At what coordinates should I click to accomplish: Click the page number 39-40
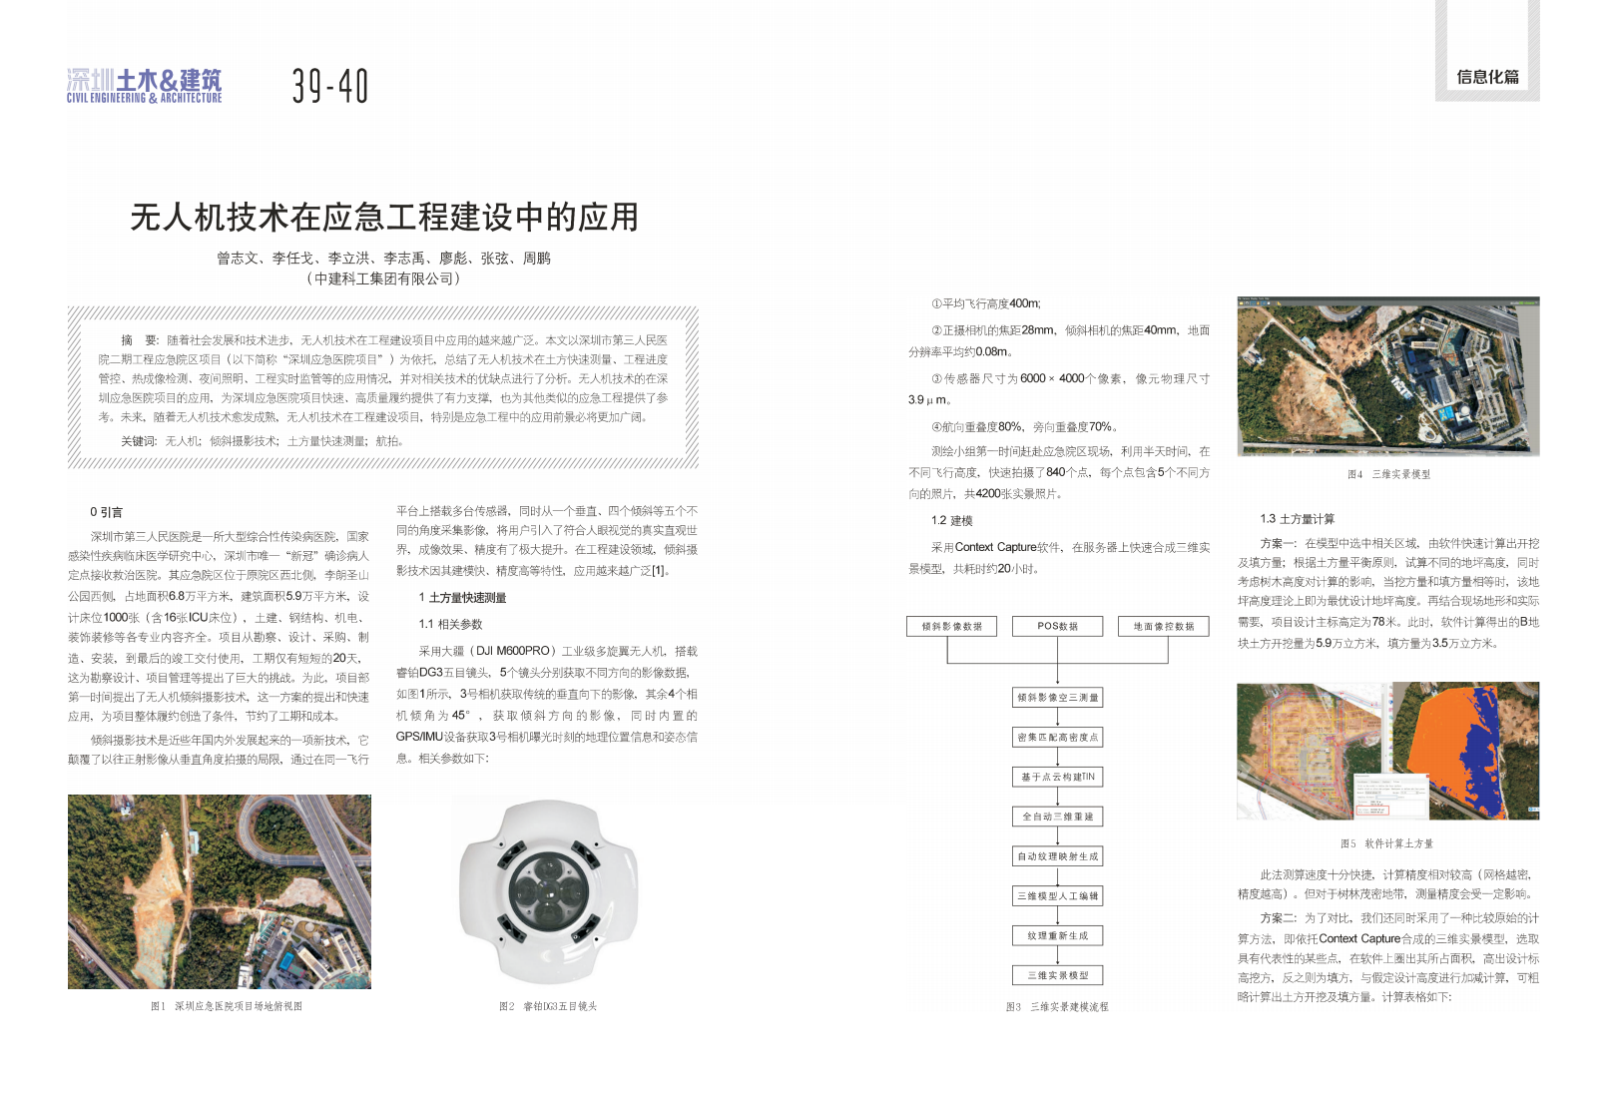click(330, 86)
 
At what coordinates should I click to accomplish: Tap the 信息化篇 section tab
click(1487, 77)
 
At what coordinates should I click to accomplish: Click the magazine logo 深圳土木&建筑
click(145, 86)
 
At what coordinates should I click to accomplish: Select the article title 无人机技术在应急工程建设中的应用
click(384, 217)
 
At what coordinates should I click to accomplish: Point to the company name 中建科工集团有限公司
click(383, 279)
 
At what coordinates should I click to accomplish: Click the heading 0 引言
click(106, 512)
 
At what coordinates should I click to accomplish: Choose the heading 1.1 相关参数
click(450, 624)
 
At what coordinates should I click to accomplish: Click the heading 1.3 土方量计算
click(1297, 519)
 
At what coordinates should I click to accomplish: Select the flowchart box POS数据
click(1057, 626)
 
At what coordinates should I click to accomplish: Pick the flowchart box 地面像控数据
click(1163, 626)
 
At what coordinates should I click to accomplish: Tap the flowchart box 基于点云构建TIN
click(1057, 777)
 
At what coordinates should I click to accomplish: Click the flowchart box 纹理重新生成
click(1057, 935)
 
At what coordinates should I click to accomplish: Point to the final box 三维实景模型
click(1057, 975)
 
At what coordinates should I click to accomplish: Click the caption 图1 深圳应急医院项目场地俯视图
click(226, 1006)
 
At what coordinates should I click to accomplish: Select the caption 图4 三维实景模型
click(1388, 474)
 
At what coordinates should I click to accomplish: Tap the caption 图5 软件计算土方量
click(1386, 843)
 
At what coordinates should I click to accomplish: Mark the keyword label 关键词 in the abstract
click(139, 441)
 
